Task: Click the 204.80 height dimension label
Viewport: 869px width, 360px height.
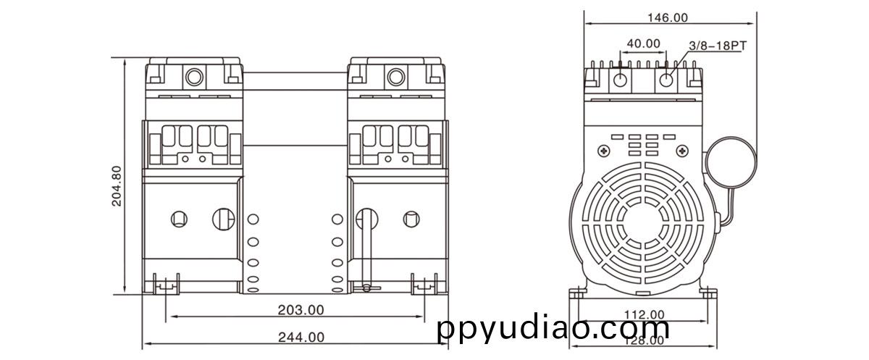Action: [x=117, y=186]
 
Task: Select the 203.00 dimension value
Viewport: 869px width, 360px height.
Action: [x=301, y=310]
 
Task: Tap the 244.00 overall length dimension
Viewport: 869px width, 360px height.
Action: [x=301, y=337]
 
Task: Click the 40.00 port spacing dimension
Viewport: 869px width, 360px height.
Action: [x=643, y=43]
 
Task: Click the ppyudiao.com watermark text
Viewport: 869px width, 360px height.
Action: [x=554, y=329]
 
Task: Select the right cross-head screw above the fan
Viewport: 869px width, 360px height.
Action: [x=682, y=151]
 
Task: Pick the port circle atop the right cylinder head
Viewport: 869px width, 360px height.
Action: [x=395, y=77]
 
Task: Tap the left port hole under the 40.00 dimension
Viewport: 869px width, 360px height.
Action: [x=621, y=79]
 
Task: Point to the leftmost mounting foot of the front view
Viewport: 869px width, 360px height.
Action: [x=167, y=285]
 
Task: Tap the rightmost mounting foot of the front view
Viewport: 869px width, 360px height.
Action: [x=424, y=285]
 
